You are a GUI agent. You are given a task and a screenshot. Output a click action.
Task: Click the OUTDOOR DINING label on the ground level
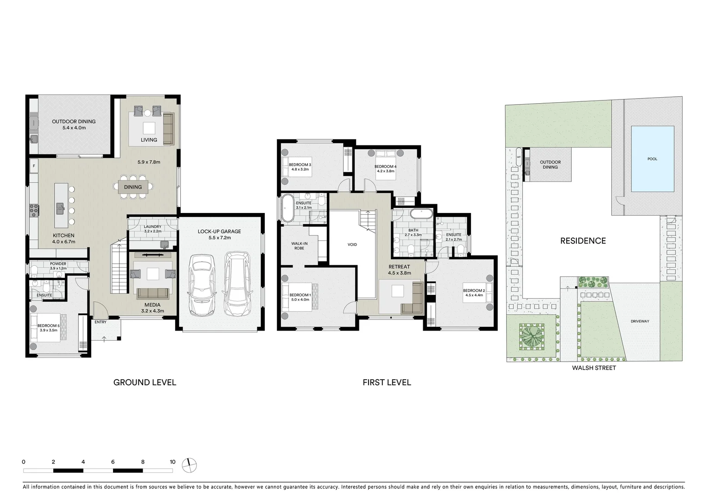74,122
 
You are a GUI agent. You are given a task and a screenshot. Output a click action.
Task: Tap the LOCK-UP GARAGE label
219,231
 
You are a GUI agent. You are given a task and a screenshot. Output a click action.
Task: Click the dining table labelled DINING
133,187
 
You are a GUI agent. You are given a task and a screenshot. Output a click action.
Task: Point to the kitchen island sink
60,208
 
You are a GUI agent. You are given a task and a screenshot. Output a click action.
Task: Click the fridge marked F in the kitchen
34,165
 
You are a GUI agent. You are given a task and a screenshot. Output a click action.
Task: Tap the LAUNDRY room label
152,227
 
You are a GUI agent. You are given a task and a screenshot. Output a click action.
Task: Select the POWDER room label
58,264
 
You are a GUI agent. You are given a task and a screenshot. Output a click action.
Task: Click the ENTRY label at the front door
100,322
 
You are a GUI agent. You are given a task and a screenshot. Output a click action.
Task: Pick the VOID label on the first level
352,244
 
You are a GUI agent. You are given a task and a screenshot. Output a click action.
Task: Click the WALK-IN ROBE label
299,245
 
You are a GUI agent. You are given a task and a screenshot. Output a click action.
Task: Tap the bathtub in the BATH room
421,214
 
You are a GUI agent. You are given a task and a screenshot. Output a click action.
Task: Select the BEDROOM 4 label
385,167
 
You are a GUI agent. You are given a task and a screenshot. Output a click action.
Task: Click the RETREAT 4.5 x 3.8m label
399,269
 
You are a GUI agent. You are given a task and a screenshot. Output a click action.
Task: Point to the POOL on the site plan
652,159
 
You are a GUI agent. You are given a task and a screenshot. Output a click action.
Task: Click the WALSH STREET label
594,368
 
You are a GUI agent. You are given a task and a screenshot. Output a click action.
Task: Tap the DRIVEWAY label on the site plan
640,321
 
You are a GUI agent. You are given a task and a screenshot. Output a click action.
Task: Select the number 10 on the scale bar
172,462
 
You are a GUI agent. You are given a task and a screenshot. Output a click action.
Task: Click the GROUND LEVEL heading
144,382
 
